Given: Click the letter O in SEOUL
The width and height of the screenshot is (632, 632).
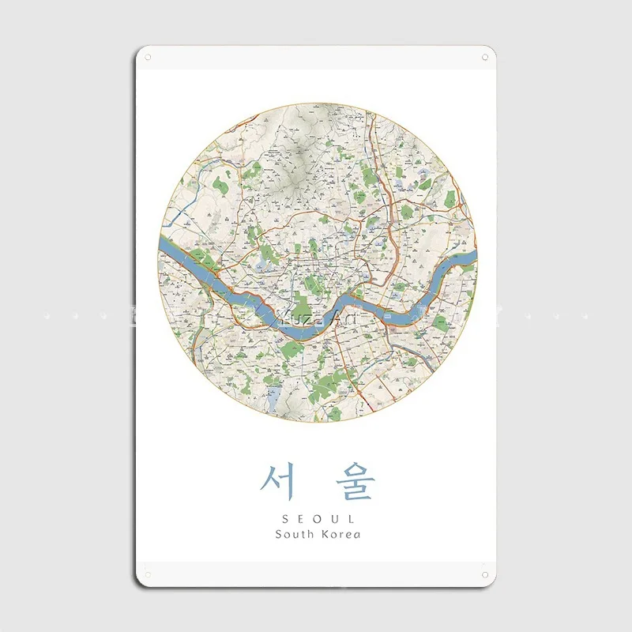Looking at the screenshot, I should [x=316, y=518].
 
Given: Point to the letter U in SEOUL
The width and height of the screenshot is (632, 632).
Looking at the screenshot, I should [x=333, y=518].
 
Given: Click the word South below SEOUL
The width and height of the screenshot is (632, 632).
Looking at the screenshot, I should [x=294, y=535].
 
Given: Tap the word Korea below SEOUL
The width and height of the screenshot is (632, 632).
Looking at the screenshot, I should [x=340, y=535].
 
